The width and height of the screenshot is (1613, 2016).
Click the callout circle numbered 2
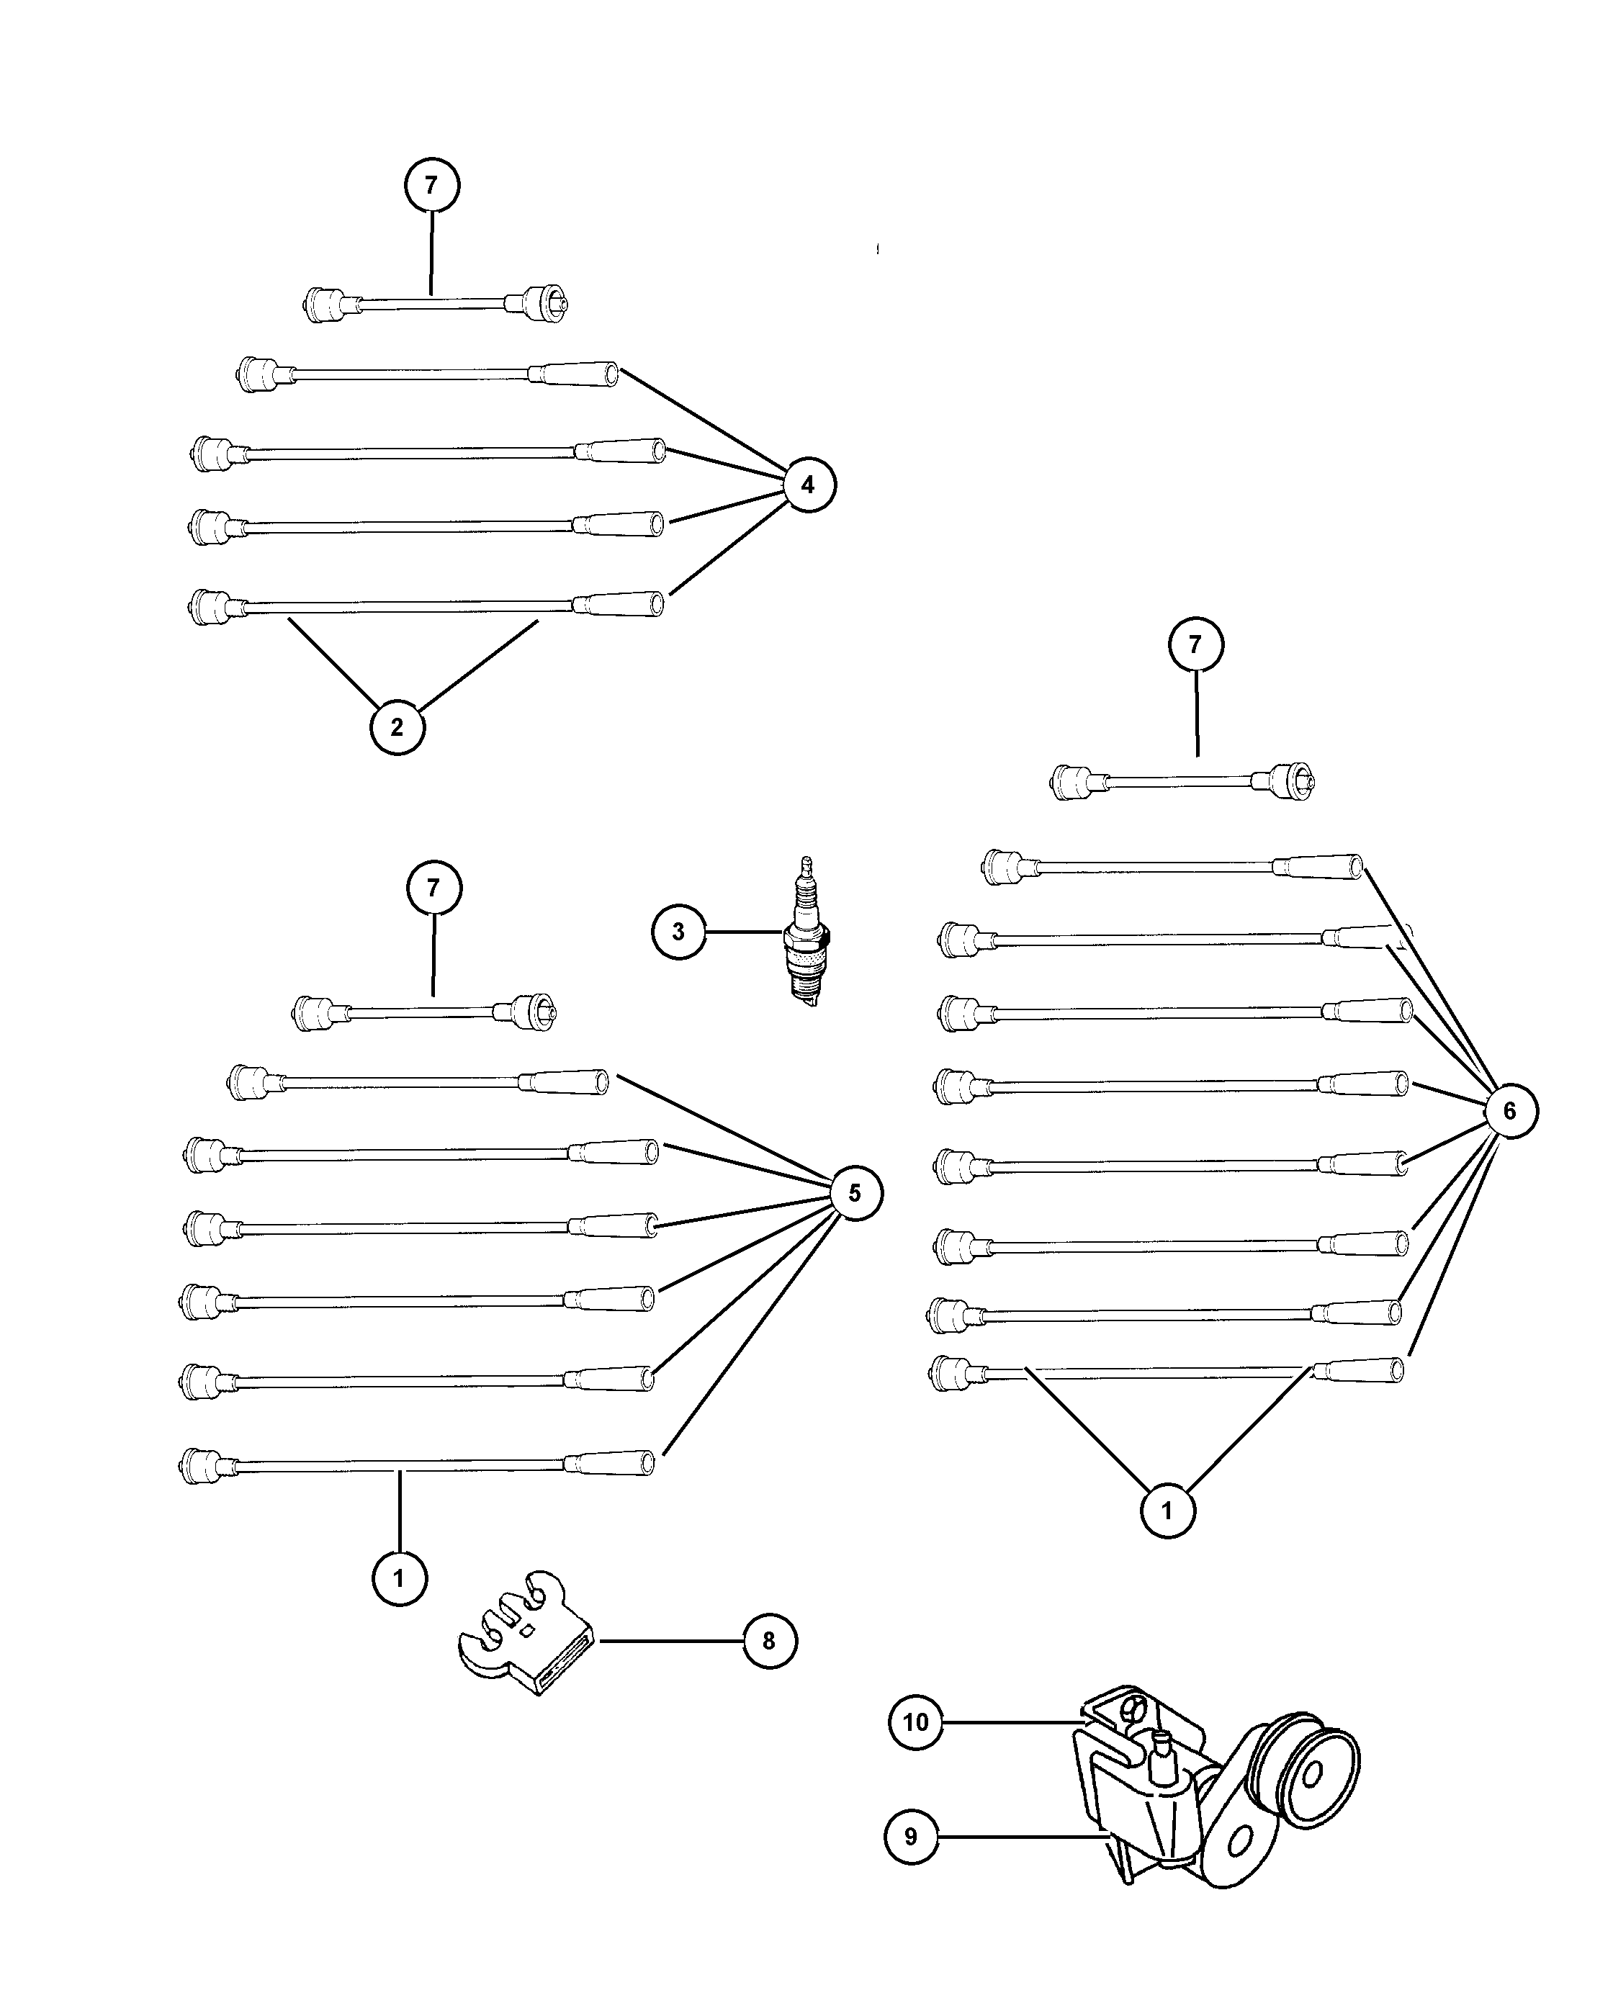pyautogui.click(x=397, y=726)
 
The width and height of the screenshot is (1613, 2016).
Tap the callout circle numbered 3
pyautogui.click(x=679, y=932)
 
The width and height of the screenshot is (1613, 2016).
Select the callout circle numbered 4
pyautogui.click(x=808, y=485)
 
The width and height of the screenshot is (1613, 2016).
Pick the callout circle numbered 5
pyautogui.click(x=855, y=1193)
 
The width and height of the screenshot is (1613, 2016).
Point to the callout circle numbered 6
pyautogui.click(x=1510, y=1111)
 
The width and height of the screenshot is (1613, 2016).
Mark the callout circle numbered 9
pyautogui.click(x=912, y=1837)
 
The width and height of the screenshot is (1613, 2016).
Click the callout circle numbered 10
pyautogui.click(x=915, y=1722)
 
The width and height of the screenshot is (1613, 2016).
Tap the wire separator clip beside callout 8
pyautogui.click(x=529, y=1634)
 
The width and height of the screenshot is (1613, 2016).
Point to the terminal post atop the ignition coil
pyautogui.click(x=1163, y=1753)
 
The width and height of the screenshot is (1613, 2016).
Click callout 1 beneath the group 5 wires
pyautogui.click(x=399, y=1578)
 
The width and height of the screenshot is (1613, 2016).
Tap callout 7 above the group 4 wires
pyautogui.click(x=431, y=185)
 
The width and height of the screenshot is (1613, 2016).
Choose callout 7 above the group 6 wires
pyautogui.click(x=1196, y=644)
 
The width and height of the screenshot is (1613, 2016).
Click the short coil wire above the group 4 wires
pyautogui.click(x=435, y=304)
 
